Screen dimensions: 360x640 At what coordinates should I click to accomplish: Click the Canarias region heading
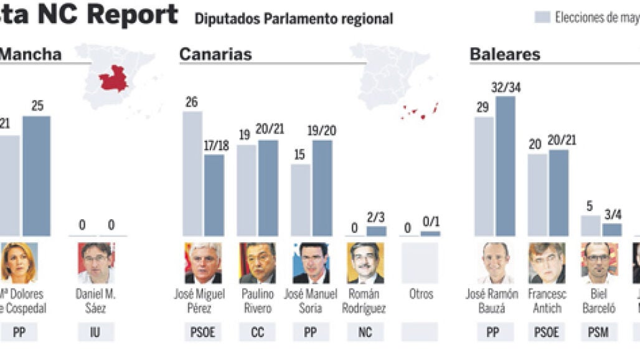pos(215,54)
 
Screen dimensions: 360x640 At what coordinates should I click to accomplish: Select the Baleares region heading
pos(505,54)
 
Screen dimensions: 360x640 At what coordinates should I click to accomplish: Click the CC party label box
pos(257,333)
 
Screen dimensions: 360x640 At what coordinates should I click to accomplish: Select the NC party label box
pos(365,333)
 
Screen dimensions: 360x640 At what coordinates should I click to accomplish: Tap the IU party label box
pos(95,333)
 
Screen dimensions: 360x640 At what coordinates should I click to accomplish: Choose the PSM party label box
pos(599,333)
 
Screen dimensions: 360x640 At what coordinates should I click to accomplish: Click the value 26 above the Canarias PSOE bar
pos(192,102)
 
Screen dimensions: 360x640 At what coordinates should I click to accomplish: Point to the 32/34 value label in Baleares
pos(506,88)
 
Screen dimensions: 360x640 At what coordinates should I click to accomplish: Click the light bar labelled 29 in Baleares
pos(484,176)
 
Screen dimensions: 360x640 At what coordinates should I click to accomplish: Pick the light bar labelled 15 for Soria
pos(301,200)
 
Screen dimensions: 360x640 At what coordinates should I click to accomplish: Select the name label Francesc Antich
pos(546,301)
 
